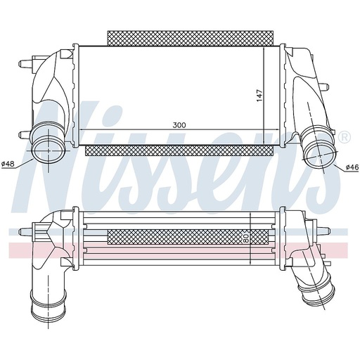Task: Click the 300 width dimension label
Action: pyautogui.click(x=179, y=124)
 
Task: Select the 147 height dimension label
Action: pyautogui.click(x=259, y=96)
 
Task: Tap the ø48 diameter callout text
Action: pyautogui.click(x=8, y=164)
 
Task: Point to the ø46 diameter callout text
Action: pyautogui.click(x=352, y=167)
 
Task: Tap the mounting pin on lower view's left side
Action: pyautogui.click(x=27, y=231)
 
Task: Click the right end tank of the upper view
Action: pyautogui.click(x=299, y=91)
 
